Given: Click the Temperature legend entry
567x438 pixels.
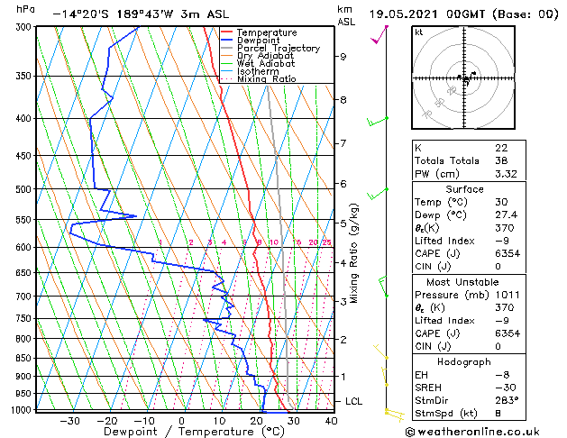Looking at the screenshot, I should (x=267, y=32).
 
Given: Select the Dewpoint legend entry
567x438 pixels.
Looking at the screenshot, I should (x=261, y=41).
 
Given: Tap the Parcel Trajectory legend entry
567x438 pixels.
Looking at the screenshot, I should (x=278, y=49).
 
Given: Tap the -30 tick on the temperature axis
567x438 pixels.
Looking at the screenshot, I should (x=69, y=421).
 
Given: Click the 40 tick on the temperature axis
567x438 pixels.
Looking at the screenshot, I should (x=331, y=421).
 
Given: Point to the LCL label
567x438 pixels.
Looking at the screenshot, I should (x=354, y=401).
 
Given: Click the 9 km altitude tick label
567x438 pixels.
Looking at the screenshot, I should (x=343, y=57).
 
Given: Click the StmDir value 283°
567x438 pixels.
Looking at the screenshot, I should (x=508, y=400).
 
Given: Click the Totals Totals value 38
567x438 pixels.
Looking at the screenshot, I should (x=501, y=160).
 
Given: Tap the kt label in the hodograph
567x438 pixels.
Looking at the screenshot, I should (x=418, y=32).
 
